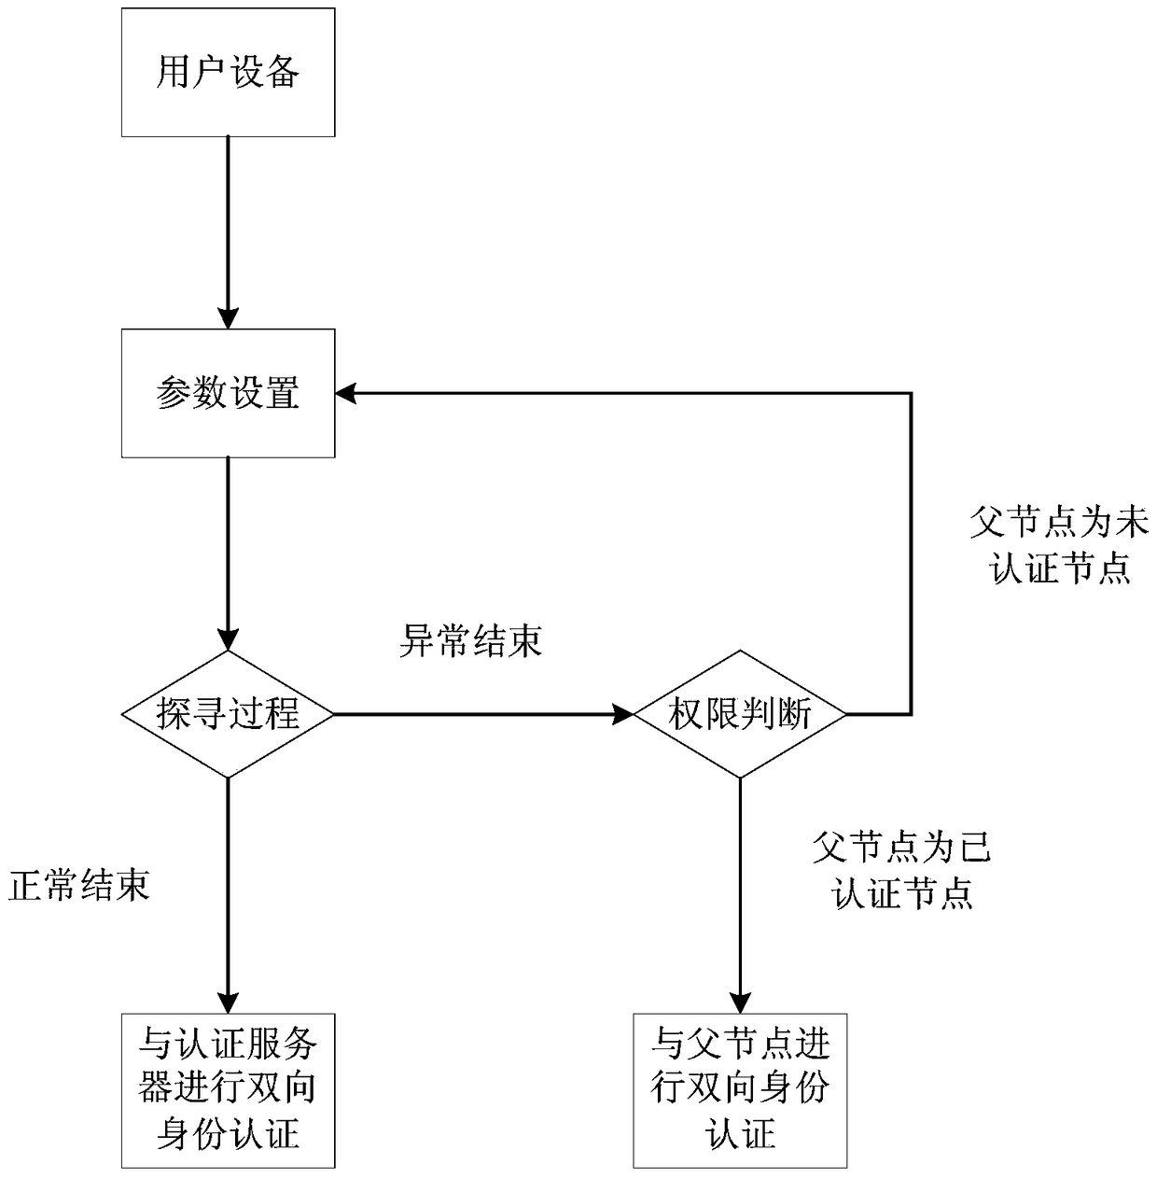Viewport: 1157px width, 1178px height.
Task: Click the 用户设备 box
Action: pos(228,72)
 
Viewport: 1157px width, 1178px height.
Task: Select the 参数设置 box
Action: pos(228,393)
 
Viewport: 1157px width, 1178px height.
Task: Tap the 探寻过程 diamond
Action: pos(228,715)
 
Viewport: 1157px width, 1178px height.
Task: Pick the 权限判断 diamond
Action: pos(740,715)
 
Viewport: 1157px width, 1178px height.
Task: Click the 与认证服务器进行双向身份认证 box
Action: pos(228,1089)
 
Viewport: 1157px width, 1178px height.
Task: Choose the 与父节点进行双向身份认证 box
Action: pos(740,1089)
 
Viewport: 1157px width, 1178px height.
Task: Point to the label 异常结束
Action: pos(471,641)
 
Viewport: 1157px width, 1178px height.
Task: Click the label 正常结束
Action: pos(79,885)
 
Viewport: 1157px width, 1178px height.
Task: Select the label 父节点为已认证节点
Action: pos(901,871)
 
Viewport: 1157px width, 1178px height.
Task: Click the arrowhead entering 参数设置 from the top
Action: pos(228,317)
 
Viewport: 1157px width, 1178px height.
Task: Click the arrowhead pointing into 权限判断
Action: pos(622,715)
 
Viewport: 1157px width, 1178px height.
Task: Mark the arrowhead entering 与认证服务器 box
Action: pos(228,1002)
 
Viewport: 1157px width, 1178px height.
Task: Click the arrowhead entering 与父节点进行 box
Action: pos(740,1002)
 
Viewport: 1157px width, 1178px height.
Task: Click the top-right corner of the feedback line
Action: pos(911,393)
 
